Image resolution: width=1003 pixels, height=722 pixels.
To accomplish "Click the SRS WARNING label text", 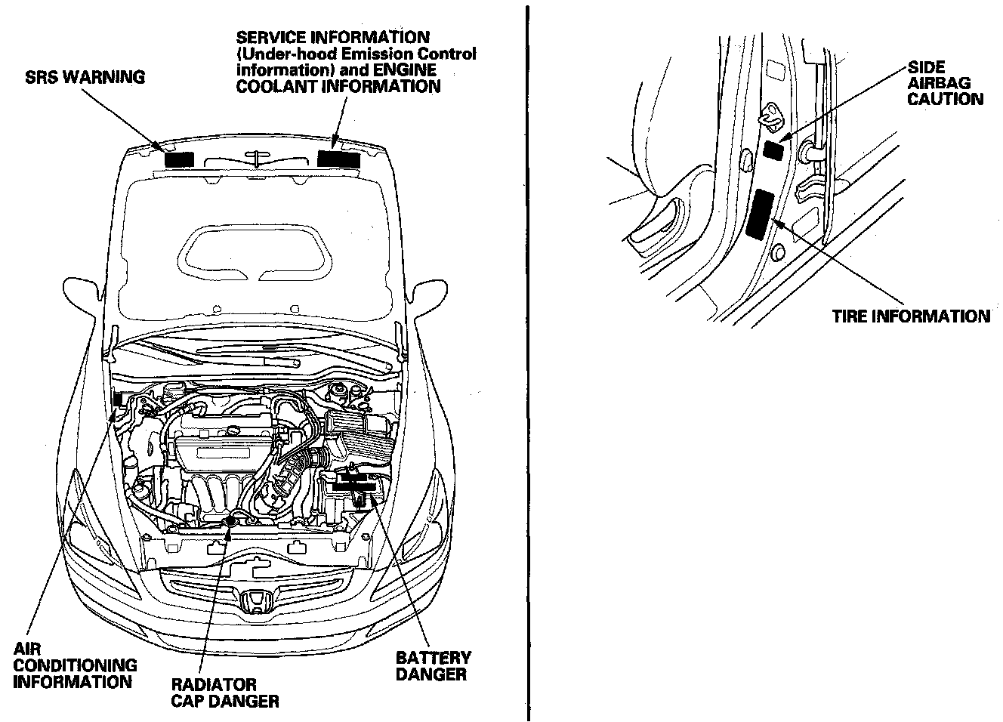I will click(x=85, y=76).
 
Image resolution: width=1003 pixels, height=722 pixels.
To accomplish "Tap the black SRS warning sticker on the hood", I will click(x=179, y=159).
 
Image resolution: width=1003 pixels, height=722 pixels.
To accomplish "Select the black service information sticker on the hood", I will click(x=338, y=158).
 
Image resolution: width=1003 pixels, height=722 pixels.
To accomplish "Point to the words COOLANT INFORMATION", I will click(x=338, y=87).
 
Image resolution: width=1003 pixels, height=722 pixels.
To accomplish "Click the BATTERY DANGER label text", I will click(x=433, y=665).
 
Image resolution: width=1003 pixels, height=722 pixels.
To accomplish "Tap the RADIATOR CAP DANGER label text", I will click(x=225, y=693).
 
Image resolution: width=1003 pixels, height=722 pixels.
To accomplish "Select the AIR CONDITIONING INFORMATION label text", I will click(x=75, y=665).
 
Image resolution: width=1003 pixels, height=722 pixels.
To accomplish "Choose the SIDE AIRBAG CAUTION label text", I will click(x=945, y=83).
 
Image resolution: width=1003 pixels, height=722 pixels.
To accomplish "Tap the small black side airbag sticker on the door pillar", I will click(x=773, y=149).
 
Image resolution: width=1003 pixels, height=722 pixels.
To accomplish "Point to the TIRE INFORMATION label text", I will click(x=911, y=316).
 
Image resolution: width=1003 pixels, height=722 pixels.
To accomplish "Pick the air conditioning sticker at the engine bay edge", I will click(x=118, y=399).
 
